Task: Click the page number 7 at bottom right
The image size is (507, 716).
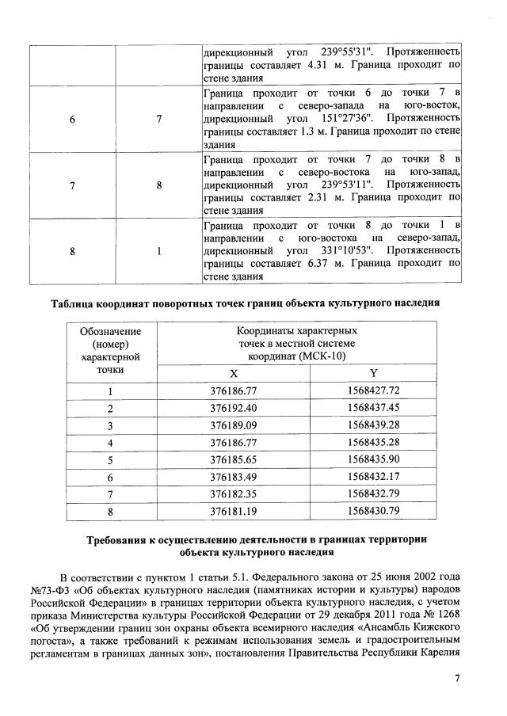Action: pyautogui.click(x=457, y=679)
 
